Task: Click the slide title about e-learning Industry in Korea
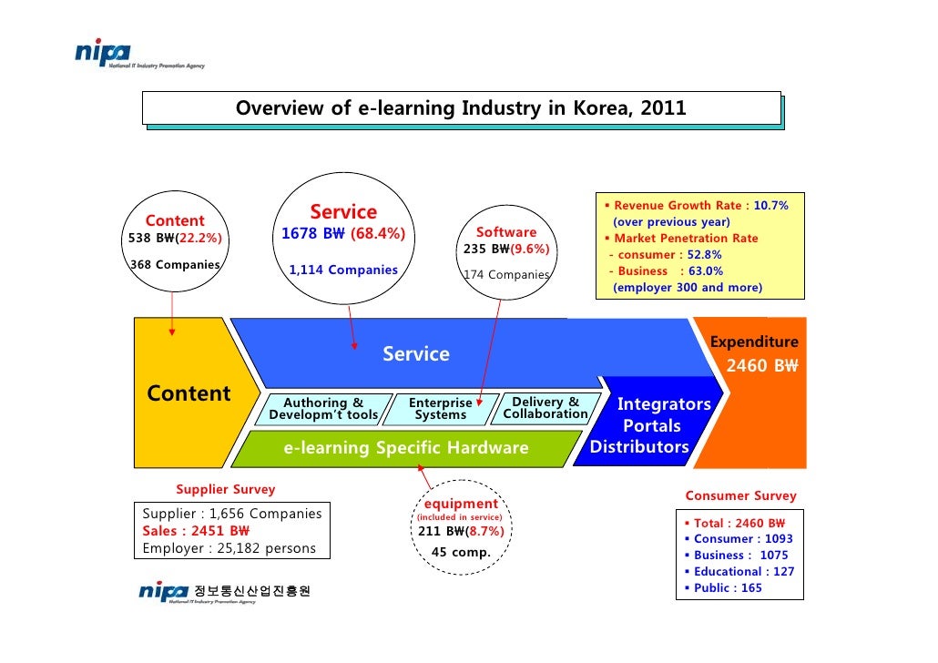[461, 109]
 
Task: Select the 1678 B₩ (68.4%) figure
[342, 235]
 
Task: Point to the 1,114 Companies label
[343, 270]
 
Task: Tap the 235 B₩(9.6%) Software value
[506, 250]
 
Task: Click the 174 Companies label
[506, 274]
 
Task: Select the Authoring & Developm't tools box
[323, 409]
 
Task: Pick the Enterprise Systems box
[441, 409]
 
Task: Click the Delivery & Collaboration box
[545, 408]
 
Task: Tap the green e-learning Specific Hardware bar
[406, 448]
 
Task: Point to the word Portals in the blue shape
[651, 426]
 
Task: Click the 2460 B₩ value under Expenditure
[761, 367]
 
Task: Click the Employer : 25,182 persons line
[229, 548]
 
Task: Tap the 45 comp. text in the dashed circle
[461, 553]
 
